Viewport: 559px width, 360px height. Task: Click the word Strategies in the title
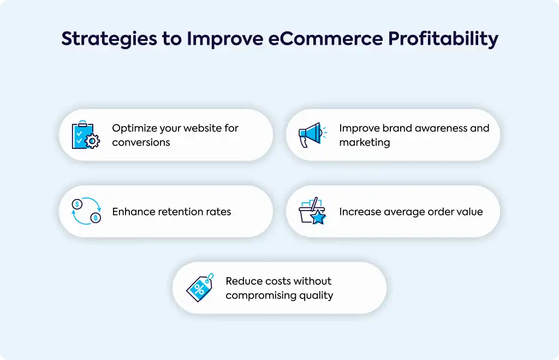[x=109, y=39]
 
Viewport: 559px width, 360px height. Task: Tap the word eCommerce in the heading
[x=325, y=38]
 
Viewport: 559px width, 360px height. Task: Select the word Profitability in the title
[x=443, y=39]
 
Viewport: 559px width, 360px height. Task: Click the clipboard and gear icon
[x=86, y=135]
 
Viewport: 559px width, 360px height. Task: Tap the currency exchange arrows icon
[x=86, y=211]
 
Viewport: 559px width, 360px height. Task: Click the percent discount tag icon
[x=200, y=287]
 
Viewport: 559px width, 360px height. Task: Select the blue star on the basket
[x=318, y=217]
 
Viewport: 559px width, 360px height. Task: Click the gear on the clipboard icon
[x=92, y=141]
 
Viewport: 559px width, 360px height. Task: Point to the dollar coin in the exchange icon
[x=77, y=204]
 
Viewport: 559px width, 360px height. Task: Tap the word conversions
[x=141, y=142]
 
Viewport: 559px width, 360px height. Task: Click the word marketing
[x=364, y=143]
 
